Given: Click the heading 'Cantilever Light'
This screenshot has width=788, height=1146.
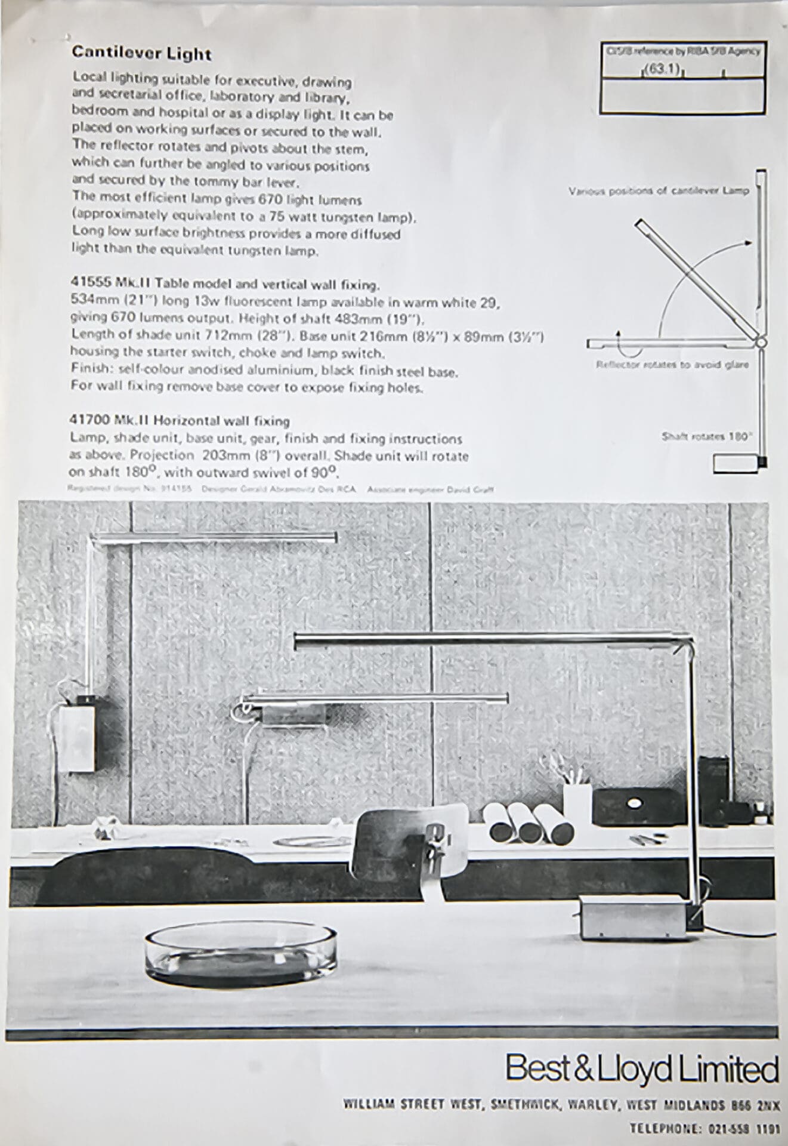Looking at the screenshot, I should [x=141, y=54].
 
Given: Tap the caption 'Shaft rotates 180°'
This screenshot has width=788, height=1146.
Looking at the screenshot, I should [x=706, y=436].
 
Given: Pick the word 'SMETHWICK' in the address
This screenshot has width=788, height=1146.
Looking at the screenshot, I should [x=518, y=1105].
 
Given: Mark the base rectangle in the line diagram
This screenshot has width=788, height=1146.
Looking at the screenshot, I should [x=738, y=463].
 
